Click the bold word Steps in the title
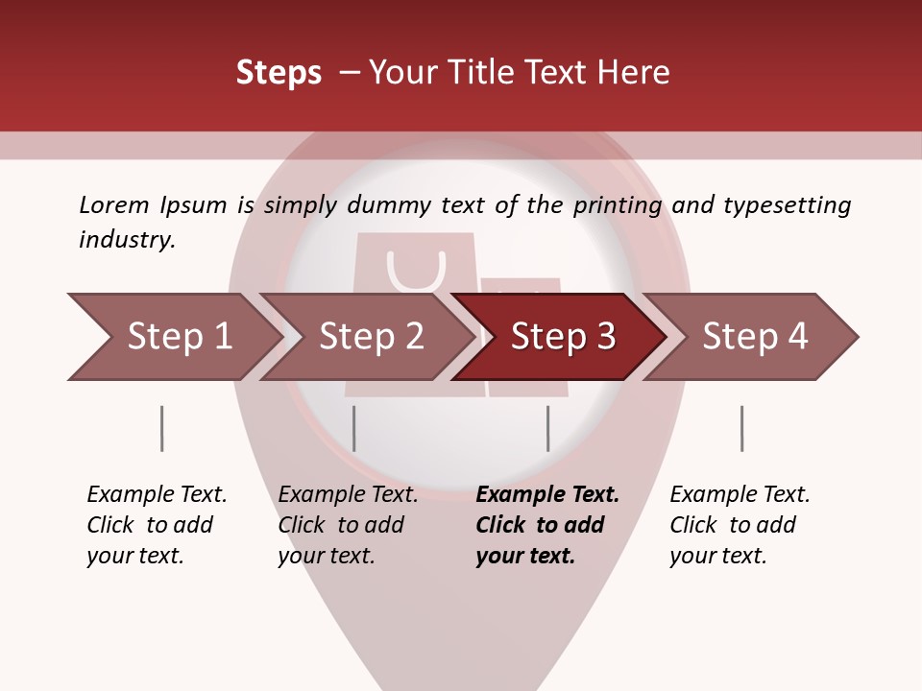[279, 73]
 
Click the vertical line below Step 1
[161, 428]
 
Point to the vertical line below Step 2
[354, 428]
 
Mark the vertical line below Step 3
[547, 428]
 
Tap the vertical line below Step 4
[741, 428]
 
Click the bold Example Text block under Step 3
[547, 525]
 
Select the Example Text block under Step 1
[157, 525]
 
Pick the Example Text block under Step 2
[348, 525]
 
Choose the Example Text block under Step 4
[740, 525]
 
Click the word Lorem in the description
[113, 204]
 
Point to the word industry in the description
[126, 240]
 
